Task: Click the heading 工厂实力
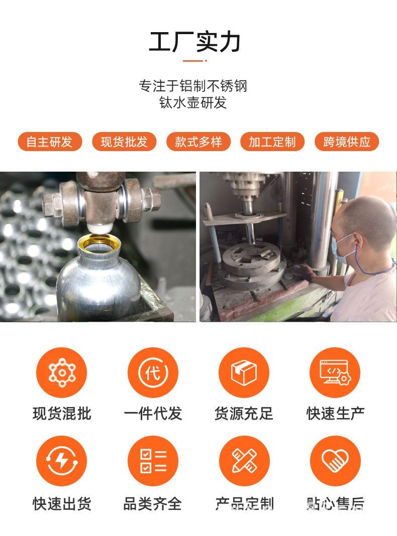[194, 42]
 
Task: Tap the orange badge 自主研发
[49, 142]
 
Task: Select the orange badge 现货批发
[124, 142]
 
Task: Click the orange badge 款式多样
[198, 142]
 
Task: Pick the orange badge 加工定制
[272, 142]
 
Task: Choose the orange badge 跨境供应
[346, 142]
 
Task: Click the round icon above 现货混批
[61, 372]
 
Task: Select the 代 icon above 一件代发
[152, 372]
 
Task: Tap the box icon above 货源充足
[244, 372]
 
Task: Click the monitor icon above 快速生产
[335, 372]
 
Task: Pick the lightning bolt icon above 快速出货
[61, 460]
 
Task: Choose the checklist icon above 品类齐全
[152, 460]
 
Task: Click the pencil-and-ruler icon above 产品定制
[244, 460]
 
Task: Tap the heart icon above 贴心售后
[335, 460]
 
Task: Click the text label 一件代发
[152, 414]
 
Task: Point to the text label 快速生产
[335, 414]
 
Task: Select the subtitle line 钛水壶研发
[193, 102]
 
